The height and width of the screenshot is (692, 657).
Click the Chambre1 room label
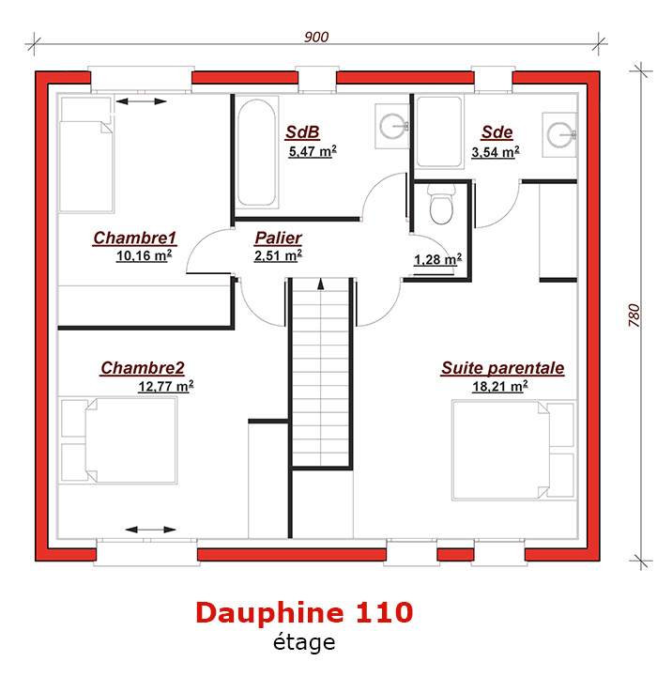(134, 238)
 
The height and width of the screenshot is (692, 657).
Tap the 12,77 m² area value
(166, 386)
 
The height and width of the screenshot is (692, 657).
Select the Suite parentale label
(502, 368)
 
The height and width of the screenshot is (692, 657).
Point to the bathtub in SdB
(257, 153)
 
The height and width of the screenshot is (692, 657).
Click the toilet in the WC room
(441, 205)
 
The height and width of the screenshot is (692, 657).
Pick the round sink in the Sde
(559, 133)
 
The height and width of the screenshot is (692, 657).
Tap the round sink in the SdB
(392, 126)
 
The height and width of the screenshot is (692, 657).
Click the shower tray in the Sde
(439, 131)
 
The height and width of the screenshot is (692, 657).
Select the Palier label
(279, 238)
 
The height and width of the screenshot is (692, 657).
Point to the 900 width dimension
(316, 37)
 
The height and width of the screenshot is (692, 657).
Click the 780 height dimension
(634, 315)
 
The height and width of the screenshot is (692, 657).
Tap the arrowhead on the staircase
(321, 284)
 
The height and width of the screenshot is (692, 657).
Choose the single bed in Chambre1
(86, 154)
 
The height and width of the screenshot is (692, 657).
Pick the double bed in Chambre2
(118, 440)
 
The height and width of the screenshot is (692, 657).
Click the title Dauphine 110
(304, 612)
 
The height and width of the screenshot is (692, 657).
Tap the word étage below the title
(304, 642)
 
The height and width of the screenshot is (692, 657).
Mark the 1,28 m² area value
(437, 259)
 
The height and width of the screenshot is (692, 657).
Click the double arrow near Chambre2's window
(151, 530)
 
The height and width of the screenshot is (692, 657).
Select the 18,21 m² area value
(500, 386)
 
